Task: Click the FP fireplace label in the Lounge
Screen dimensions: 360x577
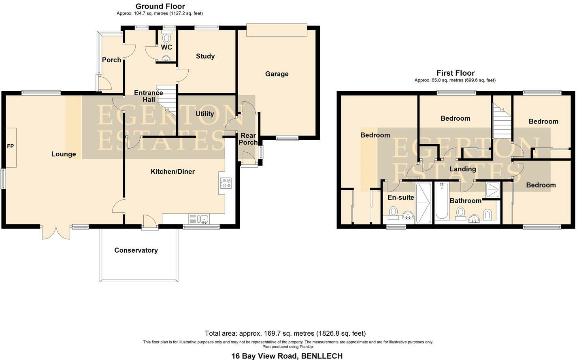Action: (x=11, y=146)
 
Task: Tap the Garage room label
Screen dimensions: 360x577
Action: (x=277, y=74)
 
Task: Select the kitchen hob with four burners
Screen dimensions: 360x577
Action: (x=226, y=183)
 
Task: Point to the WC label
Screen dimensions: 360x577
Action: (x=166, y=47)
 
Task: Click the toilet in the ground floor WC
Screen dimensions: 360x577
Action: (x=166, y=38)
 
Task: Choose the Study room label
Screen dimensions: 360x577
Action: (x=205, y=56)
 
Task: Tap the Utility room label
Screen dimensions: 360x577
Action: (x=204, y=114)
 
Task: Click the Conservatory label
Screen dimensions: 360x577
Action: (x=136, y=250)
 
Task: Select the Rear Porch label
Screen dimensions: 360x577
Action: (x=248, y=139)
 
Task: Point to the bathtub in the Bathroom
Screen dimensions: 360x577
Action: (x=441, y=201)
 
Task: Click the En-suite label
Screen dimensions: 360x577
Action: (x=400, y=198)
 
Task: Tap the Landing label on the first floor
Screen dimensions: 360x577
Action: (x=463, y=169)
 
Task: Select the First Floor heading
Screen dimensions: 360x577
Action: (x=455, y=73)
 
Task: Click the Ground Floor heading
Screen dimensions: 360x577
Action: (x=160, y=6)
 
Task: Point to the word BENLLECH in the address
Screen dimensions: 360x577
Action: (x=322, y=356)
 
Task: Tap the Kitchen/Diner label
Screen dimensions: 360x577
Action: (x=172, y=172)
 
